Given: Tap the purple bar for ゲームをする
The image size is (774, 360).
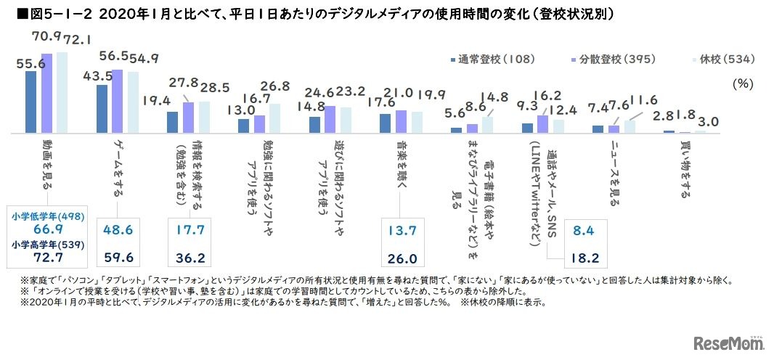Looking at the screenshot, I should tap(118, 102).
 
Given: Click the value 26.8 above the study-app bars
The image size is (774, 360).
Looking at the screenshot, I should tap(277, 86).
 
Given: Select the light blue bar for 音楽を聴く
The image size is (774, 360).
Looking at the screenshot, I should tap(417, 123).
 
